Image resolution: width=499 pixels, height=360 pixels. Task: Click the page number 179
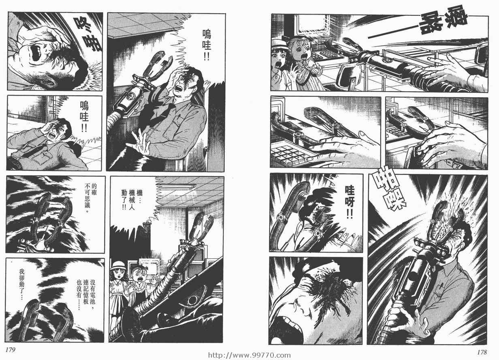pyautogui.click(x=10, y=349)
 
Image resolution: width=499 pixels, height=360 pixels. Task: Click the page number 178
pyautogui.click(x=482, y=352)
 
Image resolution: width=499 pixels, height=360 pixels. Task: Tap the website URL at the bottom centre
pyautogui.click(x=249, y=355)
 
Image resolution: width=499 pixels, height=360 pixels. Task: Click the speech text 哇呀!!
pyautogui.click(x=349, y=202)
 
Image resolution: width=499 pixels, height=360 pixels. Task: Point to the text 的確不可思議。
pyautogui.click(x=91, y=198)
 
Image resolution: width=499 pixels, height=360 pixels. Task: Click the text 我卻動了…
pyautogui.click(x=22, y=285)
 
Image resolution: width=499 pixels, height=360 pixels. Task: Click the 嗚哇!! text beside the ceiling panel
pyautogui.click(x=207, y=45)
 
